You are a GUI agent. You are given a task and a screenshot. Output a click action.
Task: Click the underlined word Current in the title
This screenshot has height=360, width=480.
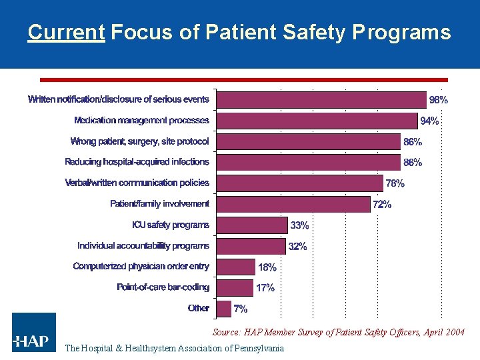[x=67, y=32]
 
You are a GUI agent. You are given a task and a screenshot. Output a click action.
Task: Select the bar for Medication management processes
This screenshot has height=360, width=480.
[x=317, y=121]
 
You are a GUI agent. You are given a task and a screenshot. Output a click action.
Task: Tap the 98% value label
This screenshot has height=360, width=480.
[x=438, y=100]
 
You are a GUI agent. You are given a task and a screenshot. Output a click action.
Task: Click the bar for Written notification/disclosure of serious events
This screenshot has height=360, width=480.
[x=321, y=100]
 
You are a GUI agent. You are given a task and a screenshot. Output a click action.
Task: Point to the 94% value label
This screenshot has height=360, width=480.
[x=429, y=121]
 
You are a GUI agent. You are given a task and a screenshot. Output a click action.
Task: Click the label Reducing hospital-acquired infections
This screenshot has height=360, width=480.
[x=137, y=162]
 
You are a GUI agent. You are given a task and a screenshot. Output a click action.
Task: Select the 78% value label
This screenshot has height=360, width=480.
[x=395, y=183]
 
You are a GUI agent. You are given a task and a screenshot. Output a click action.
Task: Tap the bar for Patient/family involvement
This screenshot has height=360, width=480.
[x=294, y=204]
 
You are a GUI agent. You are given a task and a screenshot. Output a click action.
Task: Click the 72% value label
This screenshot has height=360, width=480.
[x=382, y=205]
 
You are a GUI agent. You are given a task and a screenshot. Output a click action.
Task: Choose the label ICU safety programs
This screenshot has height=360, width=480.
[x=170, y=225]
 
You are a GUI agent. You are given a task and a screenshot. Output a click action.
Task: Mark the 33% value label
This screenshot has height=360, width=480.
[x=299, y=225]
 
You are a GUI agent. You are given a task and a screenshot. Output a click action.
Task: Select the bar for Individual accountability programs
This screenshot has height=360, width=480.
[x=251, y=246]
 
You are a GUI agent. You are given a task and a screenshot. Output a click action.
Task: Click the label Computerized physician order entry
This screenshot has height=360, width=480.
[x=141, y=267]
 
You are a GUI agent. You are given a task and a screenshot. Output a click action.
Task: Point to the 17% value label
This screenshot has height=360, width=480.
[x=265, y=288]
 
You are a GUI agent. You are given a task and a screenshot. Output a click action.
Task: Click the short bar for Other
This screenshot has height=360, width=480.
[x=224, y=308]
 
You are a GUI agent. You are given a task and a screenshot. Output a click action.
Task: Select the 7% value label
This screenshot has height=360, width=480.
[x=241, y=309]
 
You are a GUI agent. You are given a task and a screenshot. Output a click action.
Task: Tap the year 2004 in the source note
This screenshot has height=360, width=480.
[x=455, y=332]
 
